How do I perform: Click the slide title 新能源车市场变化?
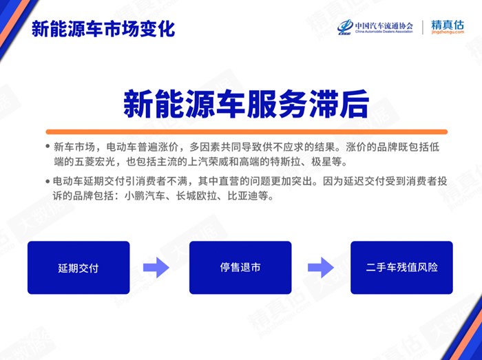click(x=103, y=29)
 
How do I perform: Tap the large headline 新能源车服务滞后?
click(x=246, y=105)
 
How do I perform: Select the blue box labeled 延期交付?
click(x=78, y=268)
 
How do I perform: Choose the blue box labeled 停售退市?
click(x=240, y=268)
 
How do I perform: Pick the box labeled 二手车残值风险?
click(x=401, y=268)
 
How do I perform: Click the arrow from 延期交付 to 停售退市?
click(x=156, y=268)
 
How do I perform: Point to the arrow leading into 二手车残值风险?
click(x=321, y=268)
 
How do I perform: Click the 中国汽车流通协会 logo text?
click(x=384, y=25)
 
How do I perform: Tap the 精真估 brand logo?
click(x=448, y=25)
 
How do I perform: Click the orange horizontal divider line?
click(x=247, y=131)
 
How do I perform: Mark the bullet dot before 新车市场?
click(x=48, y=146)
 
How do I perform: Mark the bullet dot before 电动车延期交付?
click(x=48, y=181)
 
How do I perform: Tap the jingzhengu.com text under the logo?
click(x=448, y=32)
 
